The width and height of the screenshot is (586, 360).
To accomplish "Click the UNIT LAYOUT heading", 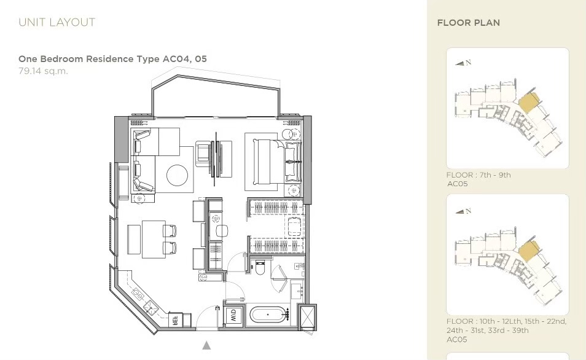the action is (57, 23).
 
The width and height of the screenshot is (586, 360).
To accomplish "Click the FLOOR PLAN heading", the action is (468, 23).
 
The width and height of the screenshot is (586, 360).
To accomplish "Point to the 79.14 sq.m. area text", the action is (44, 71).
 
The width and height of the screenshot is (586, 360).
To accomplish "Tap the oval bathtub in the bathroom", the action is (268, 315).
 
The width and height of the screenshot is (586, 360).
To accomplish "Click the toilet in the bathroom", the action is (260, 267).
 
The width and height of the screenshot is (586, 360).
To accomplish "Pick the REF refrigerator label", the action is (174, 320).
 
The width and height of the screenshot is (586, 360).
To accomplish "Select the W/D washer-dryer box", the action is (233, 315).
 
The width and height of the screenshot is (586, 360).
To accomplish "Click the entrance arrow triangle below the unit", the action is (206, 345).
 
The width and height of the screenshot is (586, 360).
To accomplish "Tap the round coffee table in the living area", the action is (177, 175).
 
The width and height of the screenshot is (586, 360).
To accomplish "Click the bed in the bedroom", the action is (269, 162).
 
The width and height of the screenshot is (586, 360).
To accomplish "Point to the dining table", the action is (153, 239).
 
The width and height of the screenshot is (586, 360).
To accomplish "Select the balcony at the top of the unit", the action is (216, 96).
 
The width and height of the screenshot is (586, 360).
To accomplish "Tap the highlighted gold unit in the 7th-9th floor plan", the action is (528, 101).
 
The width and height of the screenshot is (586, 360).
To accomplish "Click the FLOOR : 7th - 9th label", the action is (479, 175).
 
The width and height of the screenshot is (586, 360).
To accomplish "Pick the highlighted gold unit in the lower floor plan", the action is (528, 249).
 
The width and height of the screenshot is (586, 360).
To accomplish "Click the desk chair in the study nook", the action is (222, 231).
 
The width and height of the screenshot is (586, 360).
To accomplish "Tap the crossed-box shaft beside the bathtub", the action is (308, 317).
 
